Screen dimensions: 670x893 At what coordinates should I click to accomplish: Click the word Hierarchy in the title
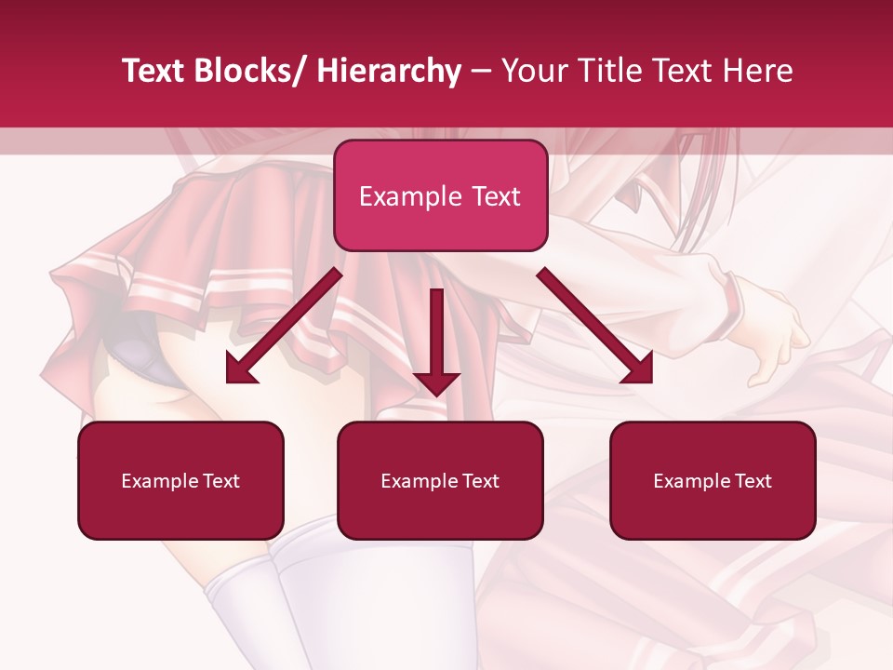389,71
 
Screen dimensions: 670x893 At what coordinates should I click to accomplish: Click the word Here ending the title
757,71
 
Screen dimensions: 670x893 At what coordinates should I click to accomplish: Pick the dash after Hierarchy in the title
481,73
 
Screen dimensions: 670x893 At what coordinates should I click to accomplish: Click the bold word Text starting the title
154,71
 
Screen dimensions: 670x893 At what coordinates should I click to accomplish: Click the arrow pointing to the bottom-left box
284,326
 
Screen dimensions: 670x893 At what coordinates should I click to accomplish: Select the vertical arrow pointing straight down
437,335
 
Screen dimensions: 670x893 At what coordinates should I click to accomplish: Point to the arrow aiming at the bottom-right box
595,326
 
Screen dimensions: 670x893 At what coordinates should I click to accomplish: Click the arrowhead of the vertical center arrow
437,382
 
